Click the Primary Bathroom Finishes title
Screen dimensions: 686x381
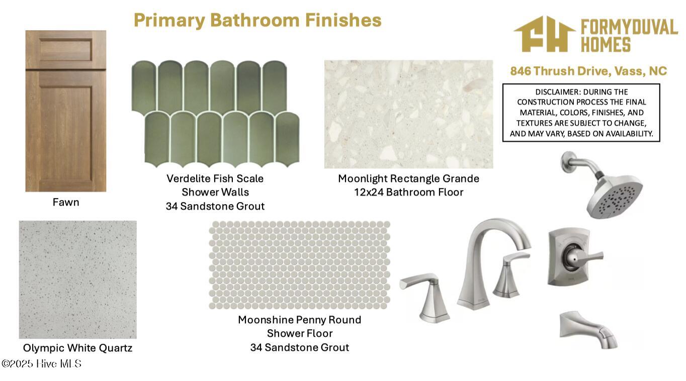click(258, 21)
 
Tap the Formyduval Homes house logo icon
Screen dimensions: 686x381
click(544, 34)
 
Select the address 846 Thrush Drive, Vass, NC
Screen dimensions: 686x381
click(588, 71)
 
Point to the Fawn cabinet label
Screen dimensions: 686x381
click(66, 202)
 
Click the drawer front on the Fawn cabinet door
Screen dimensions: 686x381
click(66, 50)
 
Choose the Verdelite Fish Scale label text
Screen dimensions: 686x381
click(215, 178)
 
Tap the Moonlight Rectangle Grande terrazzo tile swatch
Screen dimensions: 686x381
click(408, 114)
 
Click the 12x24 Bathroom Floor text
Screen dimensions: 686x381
click(408, 192)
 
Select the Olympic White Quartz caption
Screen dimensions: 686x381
click(77, 348)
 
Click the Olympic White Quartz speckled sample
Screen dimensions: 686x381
click(78, 279)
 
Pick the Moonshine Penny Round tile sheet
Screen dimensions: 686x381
click(300, 265)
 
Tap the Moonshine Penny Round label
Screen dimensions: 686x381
click(300, 320)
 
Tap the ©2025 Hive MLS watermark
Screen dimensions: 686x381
click(41, 363)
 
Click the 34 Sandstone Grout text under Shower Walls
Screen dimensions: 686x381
click(215, 206)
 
